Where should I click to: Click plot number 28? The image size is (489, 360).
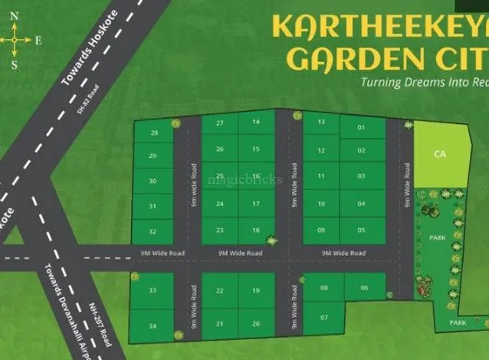(155, 133)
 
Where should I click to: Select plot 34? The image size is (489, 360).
(153, 326)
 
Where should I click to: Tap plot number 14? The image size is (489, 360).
(256, 123)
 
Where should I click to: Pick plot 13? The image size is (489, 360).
(321, 123)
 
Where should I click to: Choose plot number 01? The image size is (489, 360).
(361, 127)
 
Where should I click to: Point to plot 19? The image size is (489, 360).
(256, 291)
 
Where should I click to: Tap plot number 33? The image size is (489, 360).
(153, 290)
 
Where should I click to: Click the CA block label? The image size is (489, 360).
(439, 154)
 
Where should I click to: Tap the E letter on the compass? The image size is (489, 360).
(38, 41)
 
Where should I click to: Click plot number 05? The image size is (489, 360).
(361, 230)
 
